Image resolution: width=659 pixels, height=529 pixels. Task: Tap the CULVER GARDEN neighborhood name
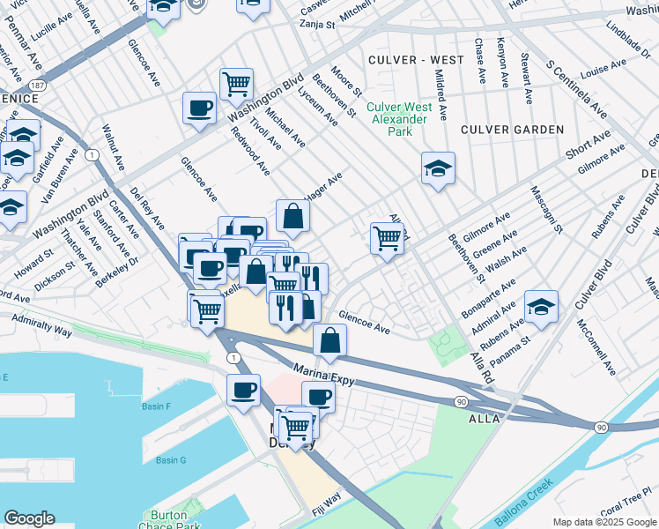pos(512,130)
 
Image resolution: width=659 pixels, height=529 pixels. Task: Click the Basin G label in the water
pos(171,460)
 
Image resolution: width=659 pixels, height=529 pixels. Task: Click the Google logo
pos(29,518)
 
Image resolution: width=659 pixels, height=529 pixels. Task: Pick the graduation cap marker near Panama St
pos(541,306)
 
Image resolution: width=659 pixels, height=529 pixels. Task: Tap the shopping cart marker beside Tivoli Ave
pos(236,85)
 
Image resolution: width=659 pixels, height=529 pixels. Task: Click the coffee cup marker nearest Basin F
pos(243,390)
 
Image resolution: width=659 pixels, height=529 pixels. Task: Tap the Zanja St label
pos(318,26)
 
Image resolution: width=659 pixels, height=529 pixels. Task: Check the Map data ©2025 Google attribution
pos(604,522)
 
